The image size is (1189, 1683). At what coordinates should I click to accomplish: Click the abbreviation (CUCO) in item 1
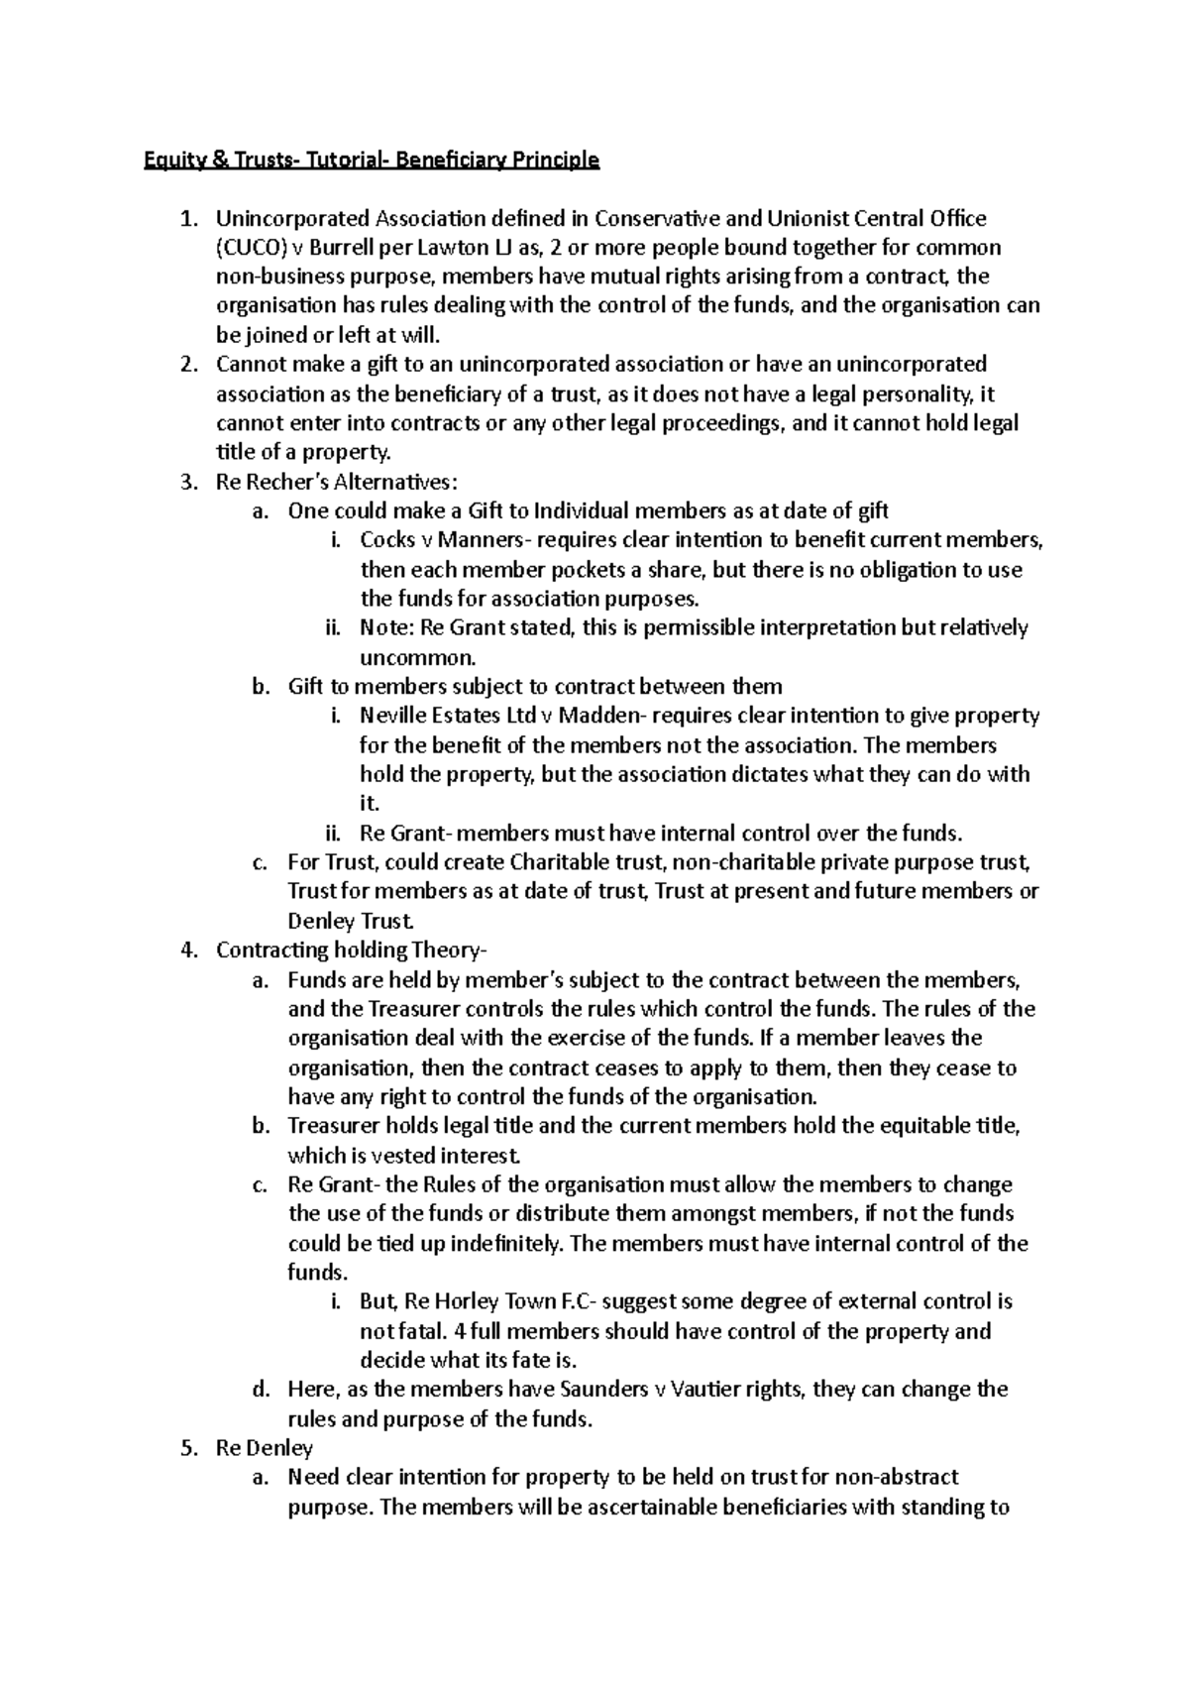point(250,247)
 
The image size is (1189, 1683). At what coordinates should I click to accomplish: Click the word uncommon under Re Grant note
point(417,658)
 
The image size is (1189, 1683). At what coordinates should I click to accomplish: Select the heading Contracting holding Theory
point(350,951)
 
